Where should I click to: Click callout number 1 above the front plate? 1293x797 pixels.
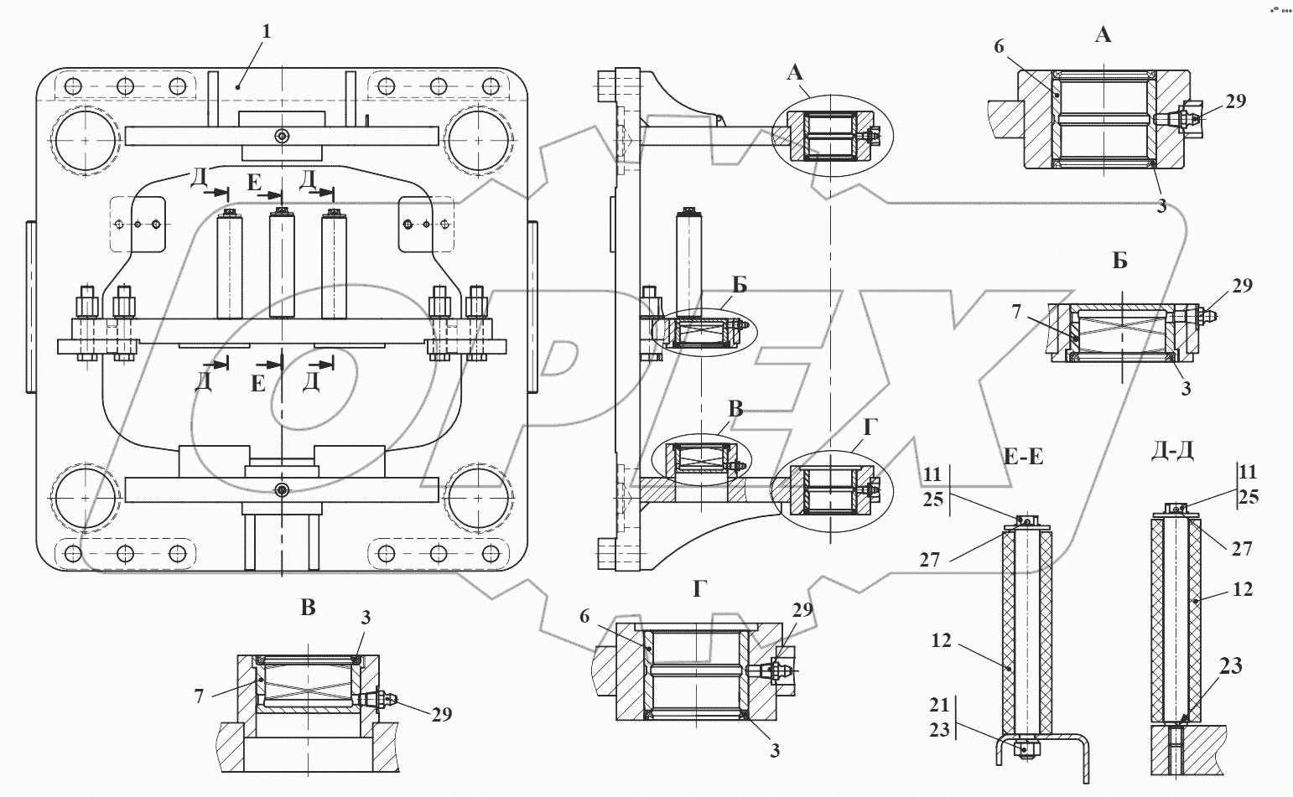click(x=267, y=32)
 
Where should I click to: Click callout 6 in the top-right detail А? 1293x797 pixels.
click(x=999, y=47)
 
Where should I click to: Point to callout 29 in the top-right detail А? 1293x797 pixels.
click(x=1235, y=101)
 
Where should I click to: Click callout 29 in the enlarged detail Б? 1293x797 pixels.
click(x=1242, y=286)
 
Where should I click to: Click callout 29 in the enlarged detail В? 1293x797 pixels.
click(x=441, y=714)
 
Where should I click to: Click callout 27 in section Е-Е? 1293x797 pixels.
click(x=929, y=560)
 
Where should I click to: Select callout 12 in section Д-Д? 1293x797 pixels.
click(x=1244, y=589)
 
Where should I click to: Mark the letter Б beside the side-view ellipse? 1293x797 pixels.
click(x=739, y=284)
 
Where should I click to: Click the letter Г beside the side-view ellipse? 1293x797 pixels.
click(x=869, y=428)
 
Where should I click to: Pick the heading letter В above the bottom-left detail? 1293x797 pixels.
click(x=308, y=608)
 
